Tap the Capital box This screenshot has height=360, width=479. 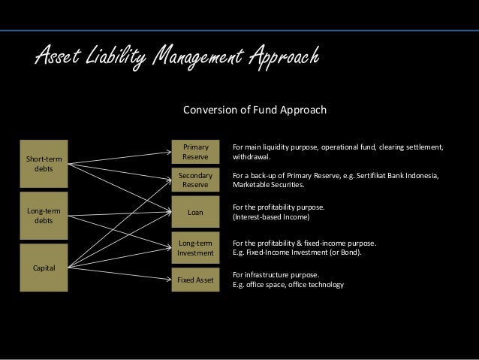(x=44, y=267)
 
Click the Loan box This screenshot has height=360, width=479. (x=195, y=213)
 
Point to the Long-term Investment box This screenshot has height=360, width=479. (x=195, y=248)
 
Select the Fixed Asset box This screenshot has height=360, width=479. (x=195, y=280)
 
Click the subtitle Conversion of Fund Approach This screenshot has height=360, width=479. (x=255, y=110)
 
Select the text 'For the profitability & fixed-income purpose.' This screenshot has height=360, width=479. (x=305, y=243)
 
